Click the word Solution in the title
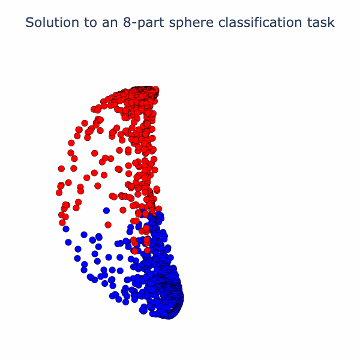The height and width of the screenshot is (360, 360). point(52,23)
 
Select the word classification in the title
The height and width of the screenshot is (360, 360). point(260,23)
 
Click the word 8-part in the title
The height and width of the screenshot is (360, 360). point(143,23)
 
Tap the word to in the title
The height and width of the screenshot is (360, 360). point(91,23)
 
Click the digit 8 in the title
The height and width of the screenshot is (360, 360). point(127,23)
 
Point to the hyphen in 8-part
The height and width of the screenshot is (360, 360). point(134,24)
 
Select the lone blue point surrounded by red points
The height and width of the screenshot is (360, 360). point(106,211)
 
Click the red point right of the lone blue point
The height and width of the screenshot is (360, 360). point(123,210)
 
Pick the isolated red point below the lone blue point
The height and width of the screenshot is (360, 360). point(108,225)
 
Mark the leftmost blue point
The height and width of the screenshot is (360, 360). point(66,229)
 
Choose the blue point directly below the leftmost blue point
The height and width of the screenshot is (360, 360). point(68,242)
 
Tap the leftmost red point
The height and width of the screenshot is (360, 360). point(59,193)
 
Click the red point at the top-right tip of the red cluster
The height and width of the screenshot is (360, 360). point(156,89)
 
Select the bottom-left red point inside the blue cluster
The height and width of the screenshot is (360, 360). point(135,251)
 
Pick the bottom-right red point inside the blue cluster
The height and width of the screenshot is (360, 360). point(147,250)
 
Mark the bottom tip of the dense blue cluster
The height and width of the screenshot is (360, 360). point(168,316)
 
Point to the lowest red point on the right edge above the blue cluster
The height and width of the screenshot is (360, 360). point(158,209)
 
